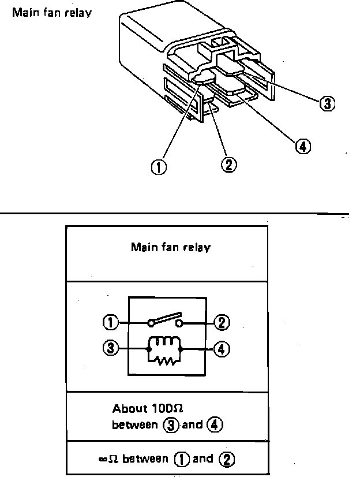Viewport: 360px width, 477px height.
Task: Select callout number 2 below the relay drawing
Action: click(228, 164)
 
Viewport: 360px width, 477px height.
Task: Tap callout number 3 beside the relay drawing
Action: click(328, 103)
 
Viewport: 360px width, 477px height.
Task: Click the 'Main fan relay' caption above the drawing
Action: click(52, 12)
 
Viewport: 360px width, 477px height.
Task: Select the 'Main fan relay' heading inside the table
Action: click(171, 248)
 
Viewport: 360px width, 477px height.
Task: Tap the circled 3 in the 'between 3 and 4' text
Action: click(169, 425)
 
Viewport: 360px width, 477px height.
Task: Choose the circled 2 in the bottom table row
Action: click(226, 460)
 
